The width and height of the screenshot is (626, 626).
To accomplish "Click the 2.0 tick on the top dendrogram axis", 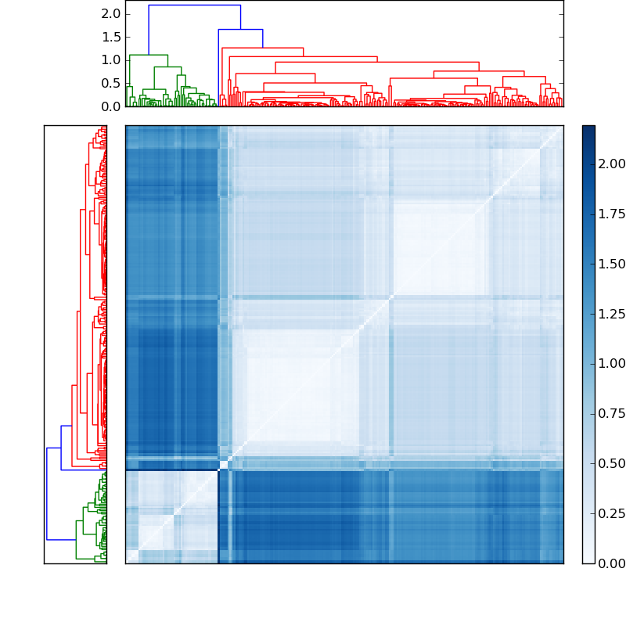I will [111, 14].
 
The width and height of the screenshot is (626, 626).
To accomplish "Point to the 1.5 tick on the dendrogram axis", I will [111, 37].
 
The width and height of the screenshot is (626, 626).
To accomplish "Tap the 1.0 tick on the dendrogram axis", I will [111, 59].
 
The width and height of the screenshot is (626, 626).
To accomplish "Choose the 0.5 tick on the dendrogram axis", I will [111, 83].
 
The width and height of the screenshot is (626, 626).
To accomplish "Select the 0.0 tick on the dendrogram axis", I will [111, 106].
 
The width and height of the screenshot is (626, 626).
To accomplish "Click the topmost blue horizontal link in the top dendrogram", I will [194, 5].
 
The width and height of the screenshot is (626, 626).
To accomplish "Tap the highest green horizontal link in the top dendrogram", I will [149, 55].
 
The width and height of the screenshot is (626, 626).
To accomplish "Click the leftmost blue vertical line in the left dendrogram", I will [47, 493].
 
